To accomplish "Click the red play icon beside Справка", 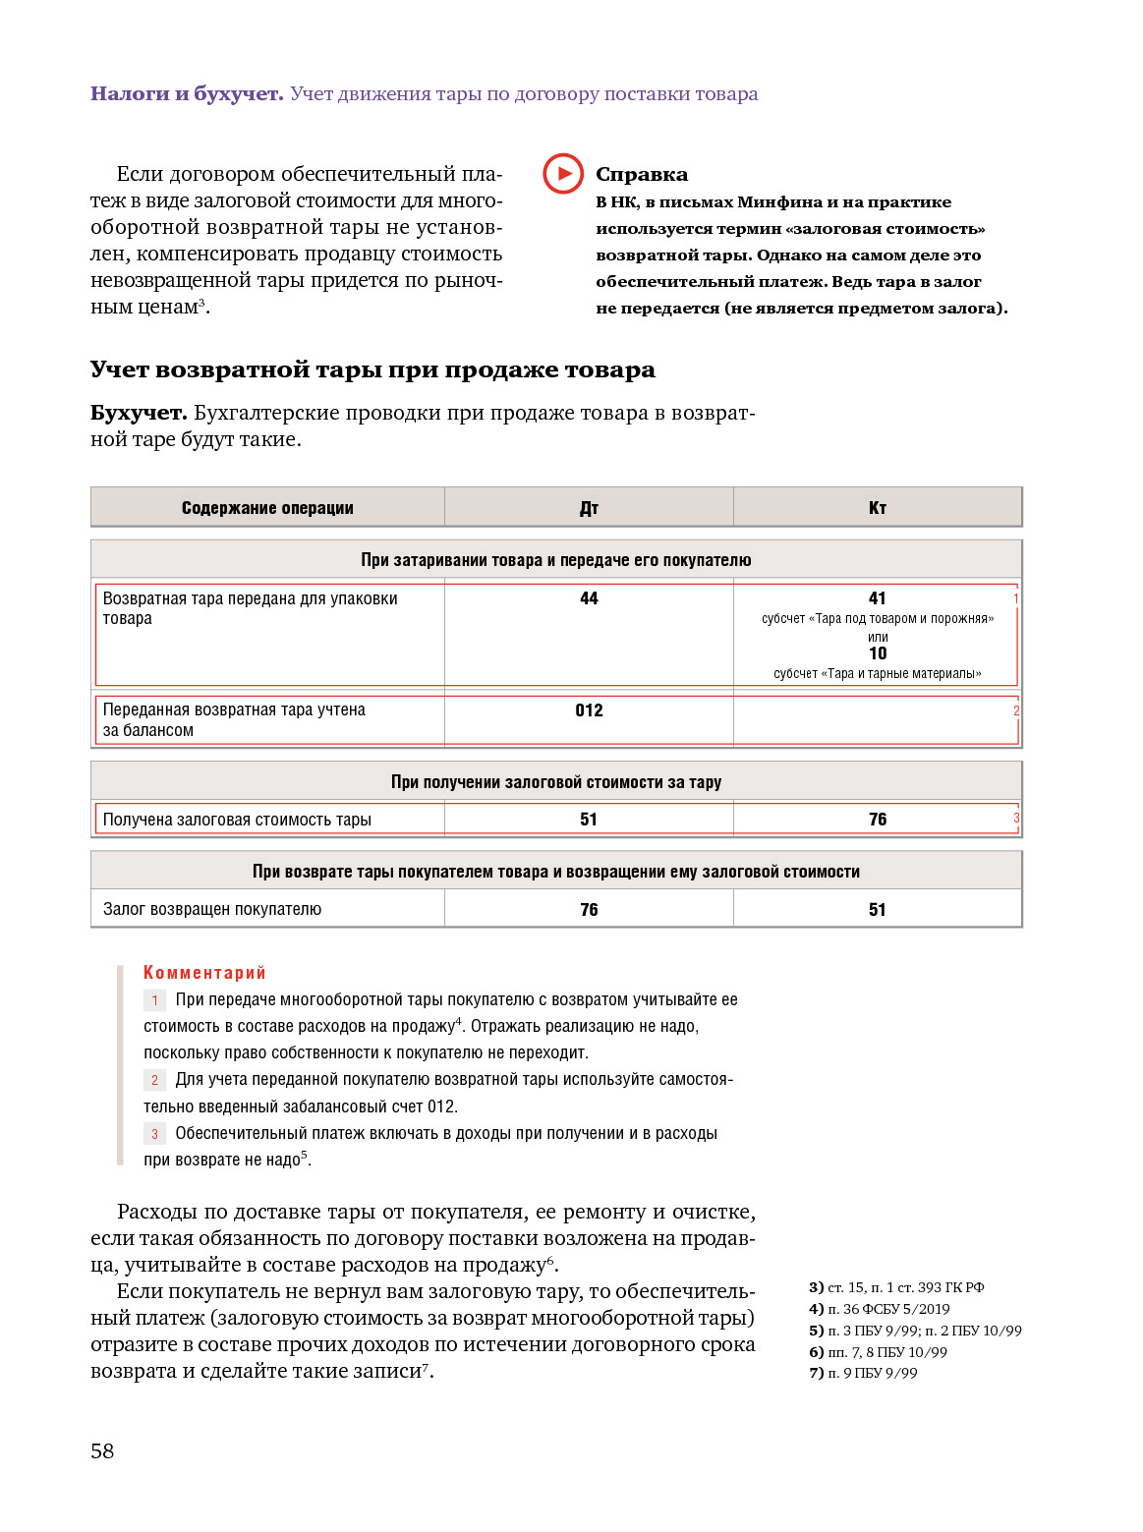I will (x=563, y=174).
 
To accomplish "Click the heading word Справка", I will (x=642, y=175).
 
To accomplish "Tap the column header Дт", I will (x=589, y=508).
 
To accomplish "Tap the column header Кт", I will (x=878, y=508).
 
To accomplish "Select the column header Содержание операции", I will (x=267, y=508).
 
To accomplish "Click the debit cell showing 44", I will (x=589, y=598).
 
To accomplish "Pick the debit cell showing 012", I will (x=589, y=710).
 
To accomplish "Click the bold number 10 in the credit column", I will (x=878, y=653).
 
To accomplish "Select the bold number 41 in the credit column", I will (x=878, y=598).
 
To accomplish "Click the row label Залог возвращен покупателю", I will (x=212, y=909).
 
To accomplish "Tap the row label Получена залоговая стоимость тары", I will (x=237, y=820).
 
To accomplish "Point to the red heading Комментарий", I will (x=204, y=973).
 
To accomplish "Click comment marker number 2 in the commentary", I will (x=154, y=1080).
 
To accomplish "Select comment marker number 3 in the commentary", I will (x=154, y=1134).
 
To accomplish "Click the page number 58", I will (x=102, y=1450).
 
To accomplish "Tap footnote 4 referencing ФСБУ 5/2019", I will (x=880, y=1309).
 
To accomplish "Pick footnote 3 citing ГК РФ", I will (x=896, y=1287).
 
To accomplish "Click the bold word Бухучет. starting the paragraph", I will (x=139, y=413).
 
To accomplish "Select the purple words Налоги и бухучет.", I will (x=187, y=94).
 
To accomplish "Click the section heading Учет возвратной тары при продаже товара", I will (x=372, y=370).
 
